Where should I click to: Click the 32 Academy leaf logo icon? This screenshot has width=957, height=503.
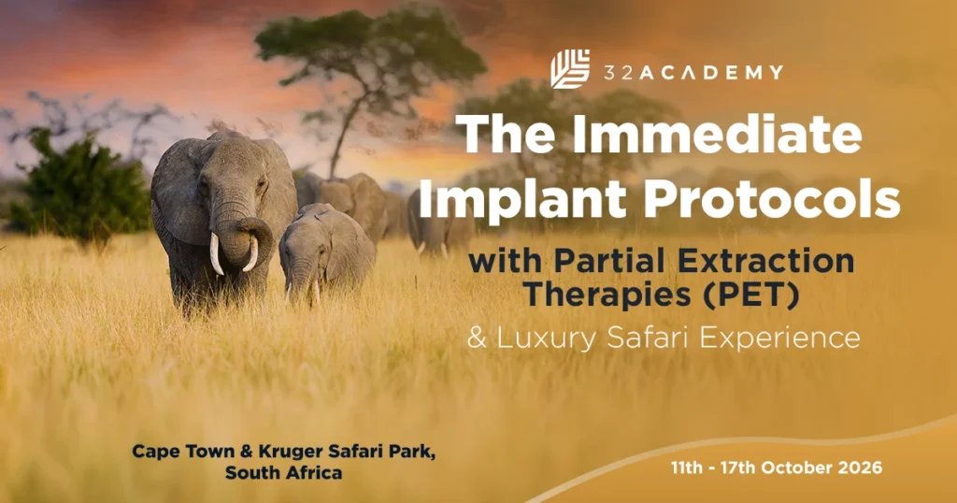click(570, 70)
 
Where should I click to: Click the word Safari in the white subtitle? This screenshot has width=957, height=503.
click(649, 337)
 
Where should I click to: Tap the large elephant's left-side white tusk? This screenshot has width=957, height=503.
click(216, 253)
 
